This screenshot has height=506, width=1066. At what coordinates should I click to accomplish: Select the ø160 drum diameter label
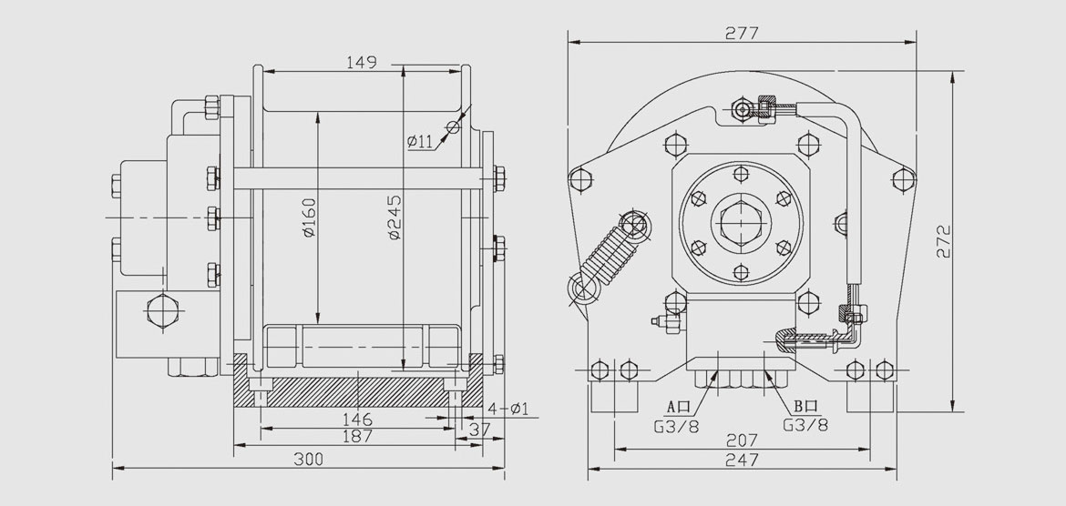310,218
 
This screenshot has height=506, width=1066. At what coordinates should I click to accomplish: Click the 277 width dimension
743,34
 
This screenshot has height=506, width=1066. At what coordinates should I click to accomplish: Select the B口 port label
805,407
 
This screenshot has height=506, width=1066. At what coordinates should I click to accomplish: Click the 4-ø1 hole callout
511,409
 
